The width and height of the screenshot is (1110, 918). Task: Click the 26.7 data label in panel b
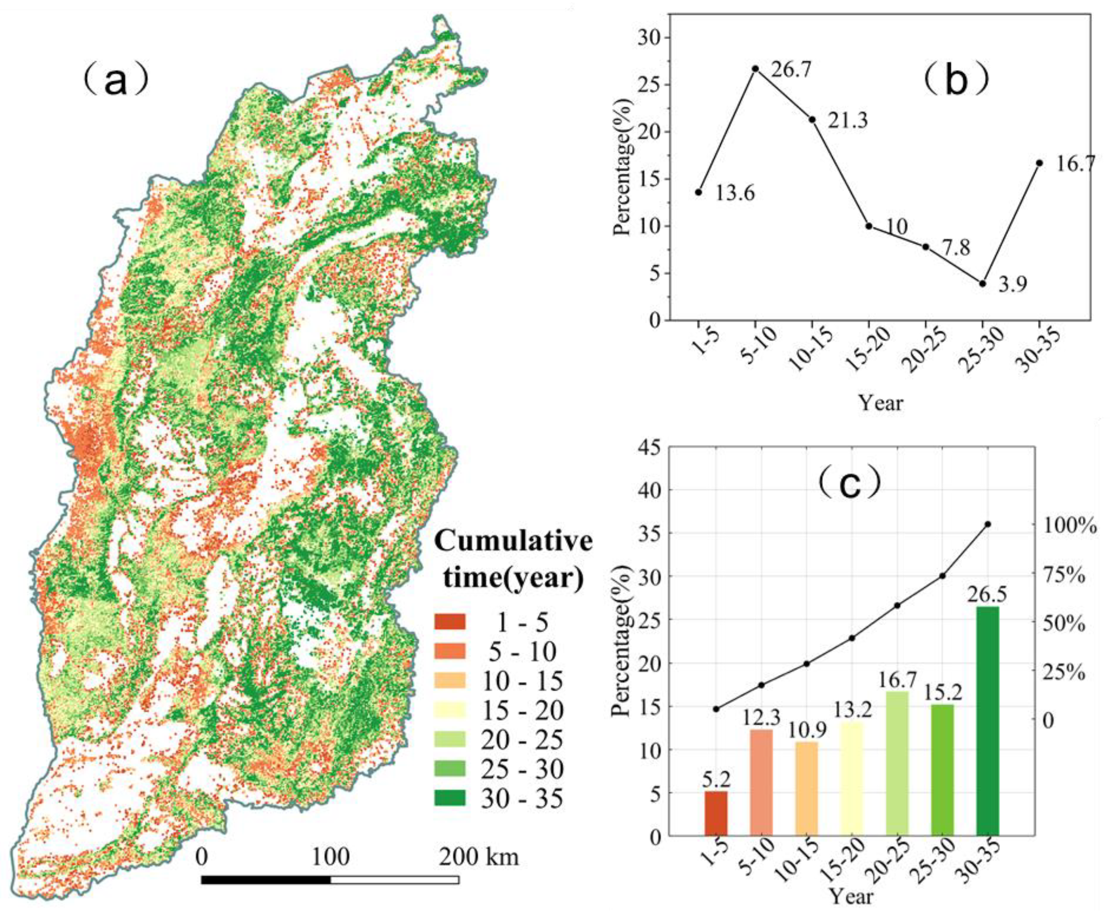pos(790,69)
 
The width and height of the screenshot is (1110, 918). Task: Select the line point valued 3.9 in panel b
pos(983,283)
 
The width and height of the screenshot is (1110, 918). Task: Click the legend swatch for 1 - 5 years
pos(450,621)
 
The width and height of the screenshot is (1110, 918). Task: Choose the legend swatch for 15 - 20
pos(450,710)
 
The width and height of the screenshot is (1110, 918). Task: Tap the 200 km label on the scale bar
pos(479,857)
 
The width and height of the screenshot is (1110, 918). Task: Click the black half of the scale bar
pos(266,880)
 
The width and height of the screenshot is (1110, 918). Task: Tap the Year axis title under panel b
pos(880,403)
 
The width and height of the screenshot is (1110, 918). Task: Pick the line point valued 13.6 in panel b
pos(699,192)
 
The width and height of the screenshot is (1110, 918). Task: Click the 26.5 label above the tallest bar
pos(988,594)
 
